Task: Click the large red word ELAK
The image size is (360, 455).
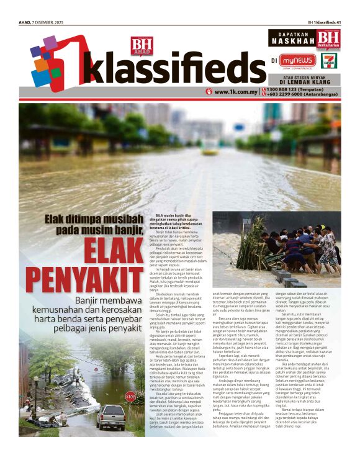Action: click(x=114, y=252)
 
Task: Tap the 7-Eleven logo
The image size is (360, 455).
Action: click(x=329, y=61)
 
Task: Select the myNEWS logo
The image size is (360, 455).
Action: click(x=297, y=61)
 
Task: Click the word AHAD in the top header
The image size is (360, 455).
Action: click(x=26, y=24)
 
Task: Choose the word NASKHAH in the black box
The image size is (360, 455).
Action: click(x=293, y=42)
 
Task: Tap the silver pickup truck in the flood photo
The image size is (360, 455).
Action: click(x=110, y=417)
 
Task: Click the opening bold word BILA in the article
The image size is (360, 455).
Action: click(x=152, y=214)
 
